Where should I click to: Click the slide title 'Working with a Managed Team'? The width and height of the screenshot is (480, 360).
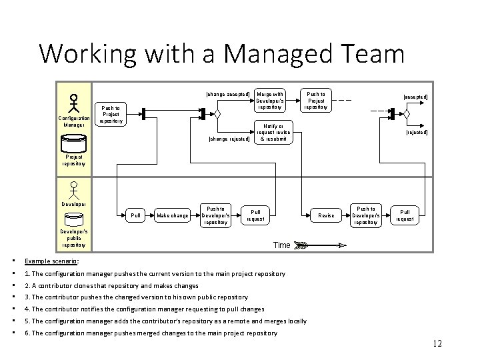pos(221,53)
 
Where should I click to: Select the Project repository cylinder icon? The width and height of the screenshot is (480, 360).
pos(74,144)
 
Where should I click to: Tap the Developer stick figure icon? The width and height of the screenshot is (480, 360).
pos(75,191)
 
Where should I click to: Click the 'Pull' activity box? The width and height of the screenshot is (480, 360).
pos(136,215)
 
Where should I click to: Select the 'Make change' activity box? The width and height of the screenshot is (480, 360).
pos(171,215)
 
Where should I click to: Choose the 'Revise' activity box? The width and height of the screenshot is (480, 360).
pos(326,215)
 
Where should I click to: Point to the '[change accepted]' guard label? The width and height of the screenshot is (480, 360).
pos(229,94)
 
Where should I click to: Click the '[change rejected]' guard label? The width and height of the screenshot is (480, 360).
pos(229,139)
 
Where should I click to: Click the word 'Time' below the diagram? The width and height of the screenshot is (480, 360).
pos(282,245)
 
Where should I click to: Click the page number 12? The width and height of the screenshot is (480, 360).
pos(437,344)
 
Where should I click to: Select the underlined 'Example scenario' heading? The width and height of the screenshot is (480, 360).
pos(51,261)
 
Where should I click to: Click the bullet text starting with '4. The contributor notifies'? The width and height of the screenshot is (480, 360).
pos(144,309)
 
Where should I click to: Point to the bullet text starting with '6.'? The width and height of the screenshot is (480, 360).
pos(151,333)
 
